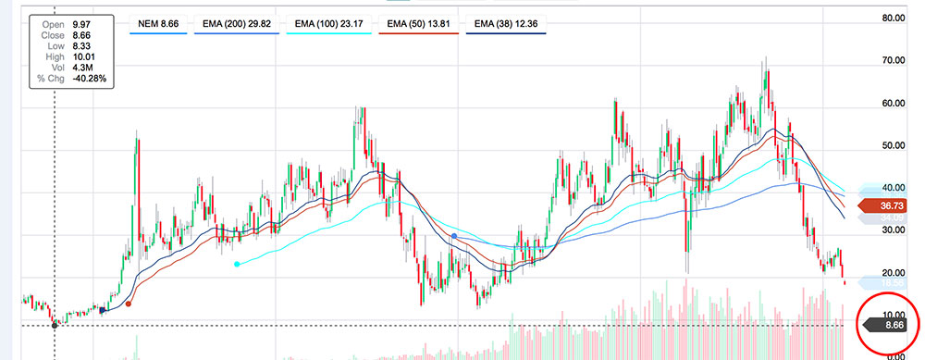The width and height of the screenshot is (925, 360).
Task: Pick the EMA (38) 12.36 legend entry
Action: (507, 22)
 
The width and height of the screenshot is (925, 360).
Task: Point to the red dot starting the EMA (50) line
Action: (129, 303)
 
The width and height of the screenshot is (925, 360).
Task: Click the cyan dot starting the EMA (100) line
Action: (238, 264)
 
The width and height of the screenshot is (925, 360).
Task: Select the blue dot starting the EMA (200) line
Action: (454, 237)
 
